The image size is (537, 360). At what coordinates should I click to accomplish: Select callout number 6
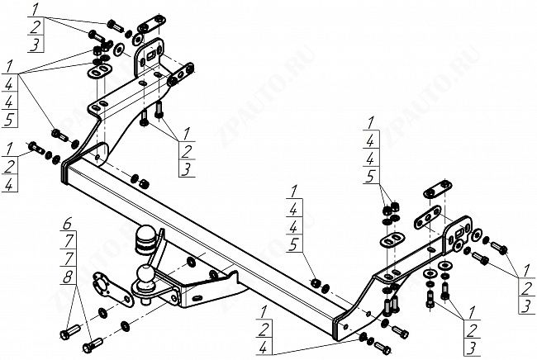pos(69,221)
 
